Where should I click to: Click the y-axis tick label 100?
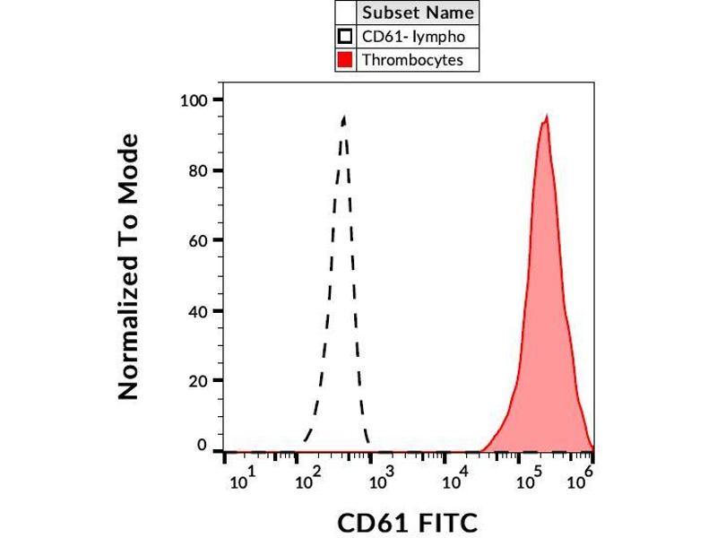click(x=194, y=100)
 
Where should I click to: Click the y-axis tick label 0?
click(x=202, y=447)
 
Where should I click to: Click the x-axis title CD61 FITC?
click(x=408, y=522)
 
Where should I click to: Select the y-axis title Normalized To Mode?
click(x=129, y=266)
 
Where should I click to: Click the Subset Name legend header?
click(x=417, y=13)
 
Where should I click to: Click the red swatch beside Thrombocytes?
click(x=345, y=61)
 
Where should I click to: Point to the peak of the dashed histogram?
click(x=344, y=117)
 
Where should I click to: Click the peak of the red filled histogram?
click(x=545, y=117)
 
